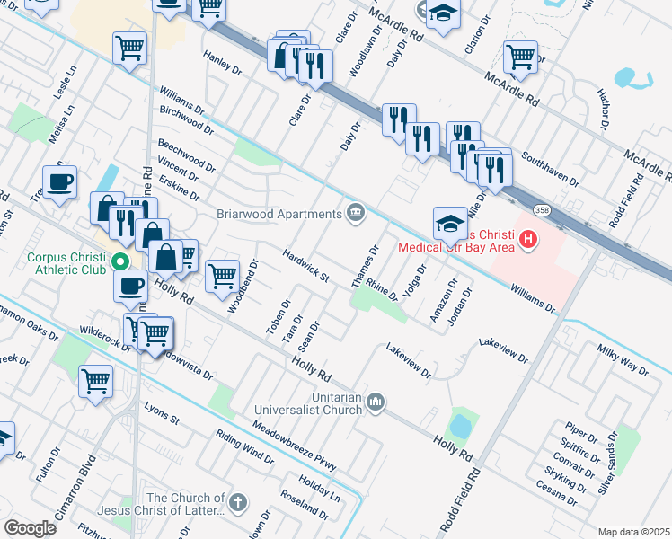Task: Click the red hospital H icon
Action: (x=529, y=240)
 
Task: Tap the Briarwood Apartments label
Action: (x=279, y=213)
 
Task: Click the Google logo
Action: (x=30, y=528)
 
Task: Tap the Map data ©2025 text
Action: (x=633, y=532)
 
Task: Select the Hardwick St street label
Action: (x=306, y=266)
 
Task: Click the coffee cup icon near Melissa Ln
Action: (x=60, y=182)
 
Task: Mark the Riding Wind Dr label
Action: (x=244, y=446)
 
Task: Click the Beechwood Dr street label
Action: (x=187, y=155)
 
